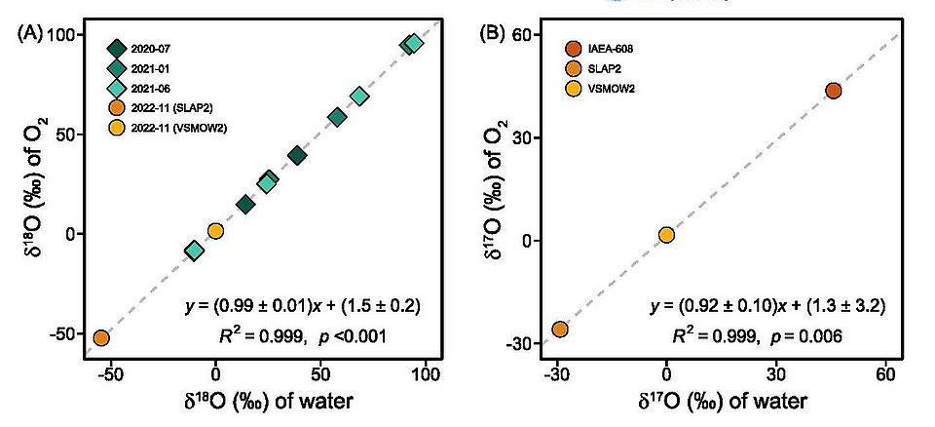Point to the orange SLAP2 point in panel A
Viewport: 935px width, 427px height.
(100, 338)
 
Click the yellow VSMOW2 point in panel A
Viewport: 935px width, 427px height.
(215, 231)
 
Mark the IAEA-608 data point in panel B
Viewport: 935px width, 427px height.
(833, 91)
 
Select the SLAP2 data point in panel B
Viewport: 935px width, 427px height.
(560, 330)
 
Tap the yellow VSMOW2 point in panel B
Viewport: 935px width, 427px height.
(666, 235)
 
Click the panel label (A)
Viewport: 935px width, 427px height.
(29, 33)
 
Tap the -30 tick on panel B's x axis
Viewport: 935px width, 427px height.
(556, 376)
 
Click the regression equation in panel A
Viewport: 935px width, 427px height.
(302, 306)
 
